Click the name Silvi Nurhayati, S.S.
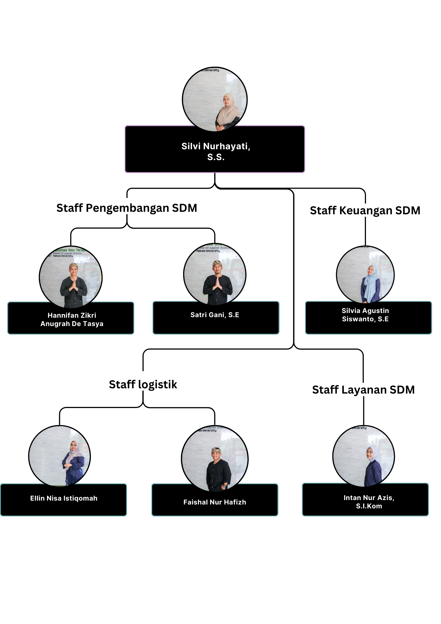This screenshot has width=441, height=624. click(x=216, y=151)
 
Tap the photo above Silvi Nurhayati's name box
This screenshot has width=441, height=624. click(x=215, y=99)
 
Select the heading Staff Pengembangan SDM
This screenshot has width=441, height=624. click(x=127, y=208)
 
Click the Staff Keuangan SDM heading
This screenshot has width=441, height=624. click(x=365, y=211)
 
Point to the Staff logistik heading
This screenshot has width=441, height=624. click(x=143, y=385)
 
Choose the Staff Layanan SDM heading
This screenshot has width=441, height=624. click(x=363, y=390)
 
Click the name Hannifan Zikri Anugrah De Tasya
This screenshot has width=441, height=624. click(x=72, y=320)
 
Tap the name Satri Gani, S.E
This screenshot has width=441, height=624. click(x=215, y=315)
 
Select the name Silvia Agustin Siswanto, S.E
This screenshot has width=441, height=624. click(x=365, y=315)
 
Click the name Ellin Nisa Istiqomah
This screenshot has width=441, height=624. click(x=64, y=498)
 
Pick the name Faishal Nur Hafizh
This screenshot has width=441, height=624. click(x=215, y=502)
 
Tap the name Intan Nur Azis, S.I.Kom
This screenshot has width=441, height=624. click(x=369, y=502)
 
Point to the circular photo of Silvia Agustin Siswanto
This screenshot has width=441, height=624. click(x=365, y=275)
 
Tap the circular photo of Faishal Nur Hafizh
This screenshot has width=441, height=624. click(x=215, y=459)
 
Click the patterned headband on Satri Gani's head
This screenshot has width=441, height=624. click(x=217, y=263)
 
